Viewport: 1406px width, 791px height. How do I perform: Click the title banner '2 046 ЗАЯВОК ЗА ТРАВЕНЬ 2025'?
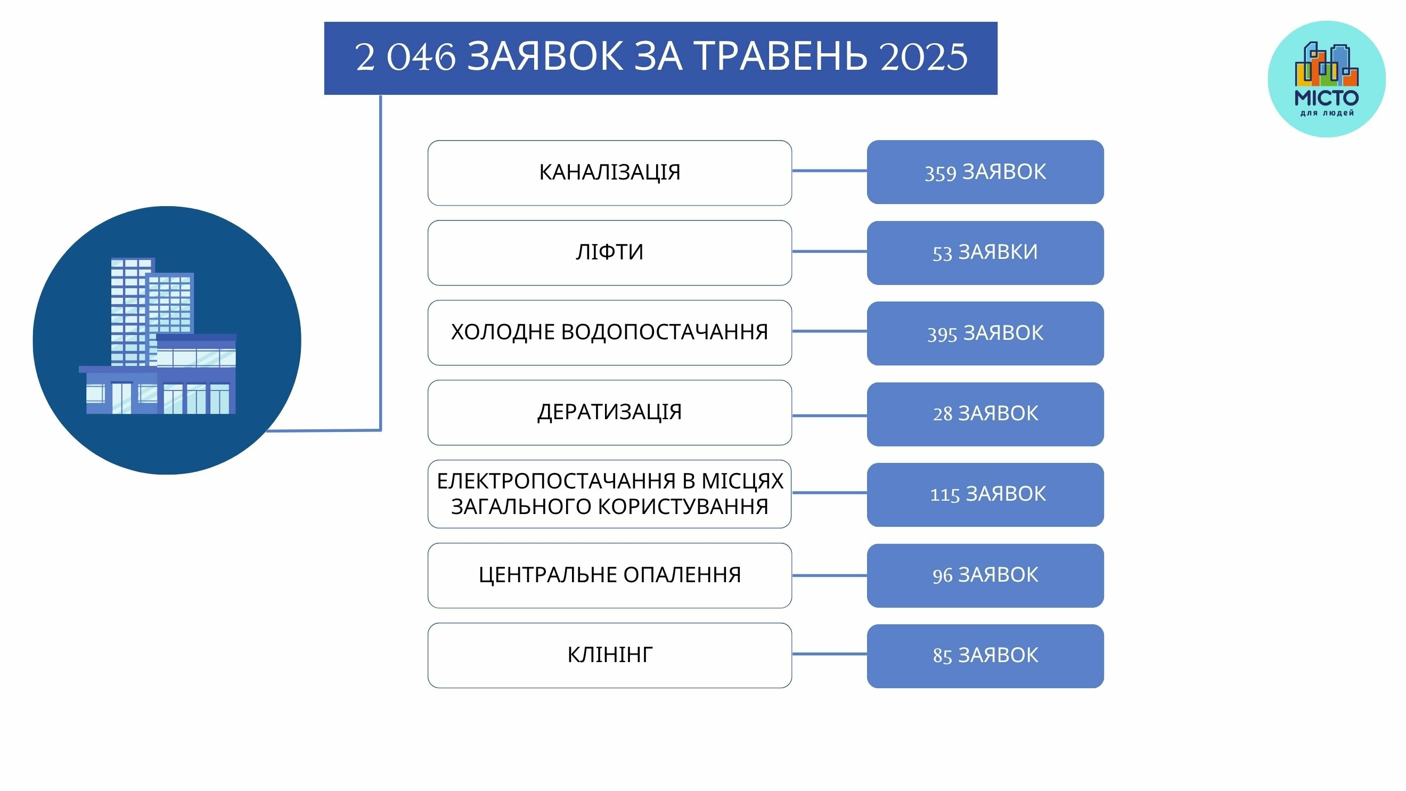(x=660, y=59)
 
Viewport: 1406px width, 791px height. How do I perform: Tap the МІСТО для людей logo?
(x=1326, y=79)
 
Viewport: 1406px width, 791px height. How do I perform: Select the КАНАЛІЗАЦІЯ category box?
(x=610, y=173)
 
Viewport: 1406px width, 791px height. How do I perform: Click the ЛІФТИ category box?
(x=610, y=253)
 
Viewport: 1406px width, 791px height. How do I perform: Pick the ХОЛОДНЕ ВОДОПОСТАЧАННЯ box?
(x=610, y=332)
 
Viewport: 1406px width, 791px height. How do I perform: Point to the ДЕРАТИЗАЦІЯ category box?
(x=610, y=413)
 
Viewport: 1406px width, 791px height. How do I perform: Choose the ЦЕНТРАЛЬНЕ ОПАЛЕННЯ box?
(x=610, y=575)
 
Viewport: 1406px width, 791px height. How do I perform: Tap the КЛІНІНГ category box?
(x=610, y=655)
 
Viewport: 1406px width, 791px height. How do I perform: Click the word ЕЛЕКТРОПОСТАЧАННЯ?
(x=555, y=481)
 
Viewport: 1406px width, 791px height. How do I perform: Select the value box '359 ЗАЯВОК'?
(x=985, y=172)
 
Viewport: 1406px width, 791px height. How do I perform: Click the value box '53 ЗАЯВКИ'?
(x=985, y=253)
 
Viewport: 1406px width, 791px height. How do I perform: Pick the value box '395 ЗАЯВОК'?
(x=985, y=333)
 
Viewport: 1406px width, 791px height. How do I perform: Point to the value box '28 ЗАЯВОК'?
(x=985, y=414)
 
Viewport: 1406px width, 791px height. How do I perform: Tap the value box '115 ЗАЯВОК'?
(x=985, y=495)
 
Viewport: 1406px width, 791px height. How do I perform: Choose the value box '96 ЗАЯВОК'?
(x=985, y=575)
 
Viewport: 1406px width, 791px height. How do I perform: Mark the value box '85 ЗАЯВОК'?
(x=985, y=656)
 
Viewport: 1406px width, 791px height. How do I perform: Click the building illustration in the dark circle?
(x=158, y=336)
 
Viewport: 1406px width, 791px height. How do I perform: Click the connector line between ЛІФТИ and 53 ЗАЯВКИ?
(x=830, y=251)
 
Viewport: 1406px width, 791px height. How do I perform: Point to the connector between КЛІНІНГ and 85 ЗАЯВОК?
(x=830, y=654)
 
